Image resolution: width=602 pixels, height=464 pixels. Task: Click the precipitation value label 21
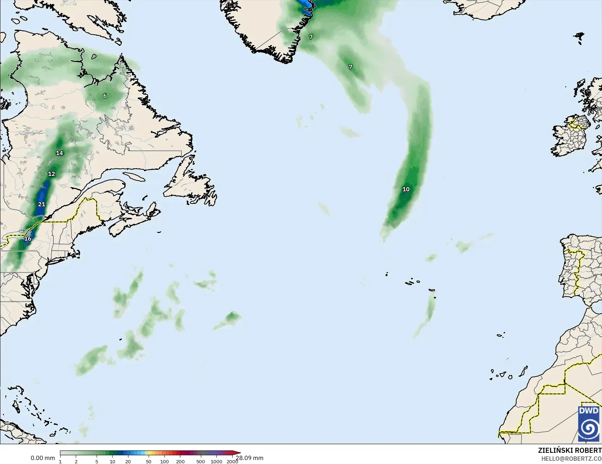41,204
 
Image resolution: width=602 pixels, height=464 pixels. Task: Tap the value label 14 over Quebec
60,153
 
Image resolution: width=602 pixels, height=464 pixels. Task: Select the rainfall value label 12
52,174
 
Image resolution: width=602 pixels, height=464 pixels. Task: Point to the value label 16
28,239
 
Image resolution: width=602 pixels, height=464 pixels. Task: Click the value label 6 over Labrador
105,96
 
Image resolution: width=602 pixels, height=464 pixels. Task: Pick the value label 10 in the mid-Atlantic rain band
406,189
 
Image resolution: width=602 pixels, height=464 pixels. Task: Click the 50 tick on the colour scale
149,461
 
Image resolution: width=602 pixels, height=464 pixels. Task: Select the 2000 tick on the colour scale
232,461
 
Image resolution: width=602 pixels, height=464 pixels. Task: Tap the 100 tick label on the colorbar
164,461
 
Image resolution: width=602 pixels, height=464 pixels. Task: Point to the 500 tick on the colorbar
201,461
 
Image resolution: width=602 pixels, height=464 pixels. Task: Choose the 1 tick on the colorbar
60,461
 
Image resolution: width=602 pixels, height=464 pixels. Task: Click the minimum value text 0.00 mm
43,458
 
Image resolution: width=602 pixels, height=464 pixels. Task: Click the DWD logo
589,424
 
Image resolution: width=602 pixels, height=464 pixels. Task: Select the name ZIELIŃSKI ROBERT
570,450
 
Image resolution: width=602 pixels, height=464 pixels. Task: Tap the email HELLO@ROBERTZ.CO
571,458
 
